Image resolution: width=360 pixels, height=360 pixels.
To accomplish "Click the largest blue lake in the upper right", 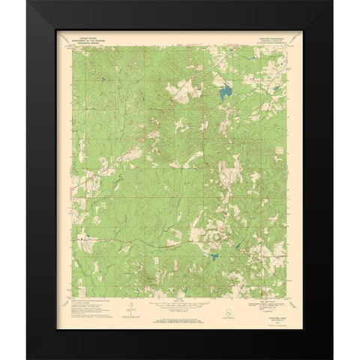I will [223, 94].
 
